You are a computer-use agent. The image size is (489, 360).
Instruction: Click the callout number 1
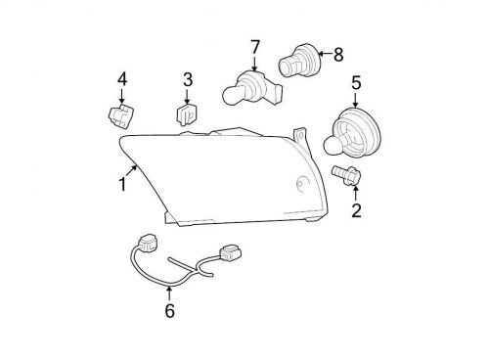coord(123,184)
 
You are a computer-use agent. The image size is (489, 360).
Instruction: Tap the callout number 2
coord(356,208)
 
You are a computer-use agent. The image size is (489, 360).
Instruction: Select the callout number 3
coord(188,79)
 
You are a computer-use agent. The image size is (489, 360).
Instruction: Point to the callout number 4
coord(122,78)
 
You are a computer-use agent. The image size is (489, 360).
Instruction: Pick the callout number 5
coord(355,83)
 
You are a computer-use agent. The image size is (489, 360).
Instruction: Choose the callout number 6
coord(169,311)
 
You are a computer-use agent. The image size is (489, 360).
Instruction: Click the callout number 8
coord(339,55)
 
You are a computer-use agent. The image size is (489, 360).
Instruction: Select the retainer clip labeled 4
coord(119,118)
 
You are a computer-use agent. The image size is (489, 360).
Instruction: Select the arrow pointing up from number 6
coord(169,292)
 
